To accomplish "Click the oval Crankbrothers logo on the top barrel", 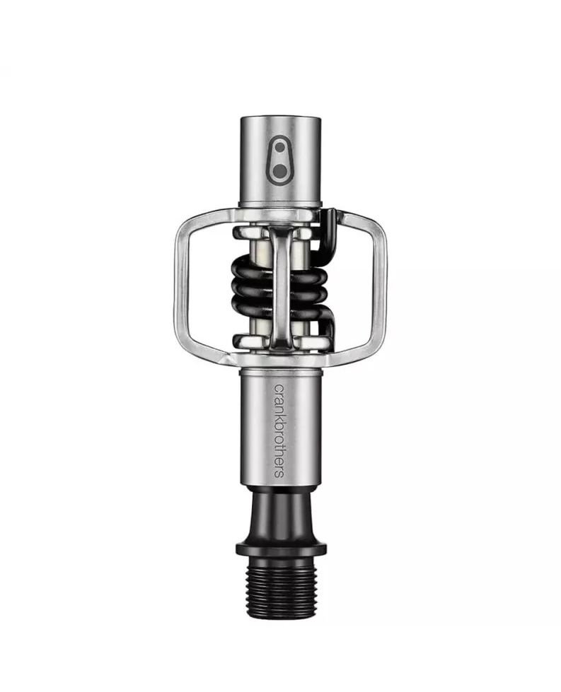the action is pyautogui.click(x=279, y=160).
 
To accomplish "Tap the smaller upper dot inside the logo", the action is pyautogui.click(x=279, y=148).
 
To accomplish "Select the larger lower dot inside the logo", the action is pyautogui.click(x=279, y=171).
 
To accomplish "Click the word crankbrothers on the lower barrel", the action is pyautogui.click(x=279, y=430).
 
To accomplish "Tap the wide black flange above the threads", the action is pyautogui.click(x=281, y=549).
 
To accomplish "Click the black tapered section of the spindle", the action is pyautogui.click(x=281, y=513).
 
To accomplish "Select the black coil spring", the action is pyautogui.click(x=280, y=288).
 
